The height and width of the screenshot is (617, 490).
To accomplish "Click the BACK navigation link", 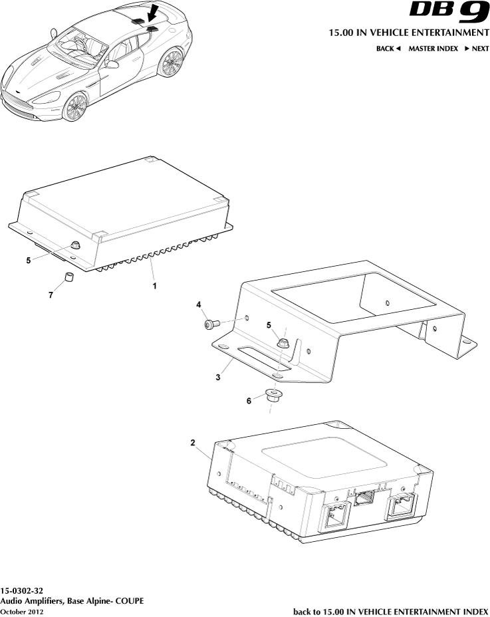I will [388, 49].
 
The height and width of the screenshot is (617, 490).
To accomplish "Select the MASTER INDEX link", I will [433, 49].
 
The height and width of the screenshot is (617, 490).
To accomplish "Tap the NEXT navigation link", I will [477, 49].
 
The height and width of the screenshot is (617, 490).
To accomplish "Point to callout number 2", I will [193, 443].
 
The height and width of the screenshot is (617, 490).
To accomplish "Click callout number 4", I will [198, 305].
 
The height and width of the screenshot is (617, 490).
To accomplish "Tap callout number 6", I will [249, 401].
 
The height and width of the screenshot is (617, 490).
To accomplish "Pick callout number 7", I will [51, 295].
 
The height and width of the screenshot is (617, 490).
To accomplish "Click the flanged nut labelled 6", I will [272, 397].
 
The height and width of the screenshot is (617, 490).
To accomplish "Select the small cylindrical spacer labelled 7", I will [68, 277].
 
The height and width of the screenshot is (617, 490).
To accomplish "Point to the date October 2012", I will [22, 611].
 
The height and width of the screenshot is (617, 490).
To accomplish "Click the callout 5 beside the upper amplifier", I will [29, 261].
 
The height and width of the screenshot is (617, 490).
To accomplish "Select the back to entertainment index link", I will [390, 611].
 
